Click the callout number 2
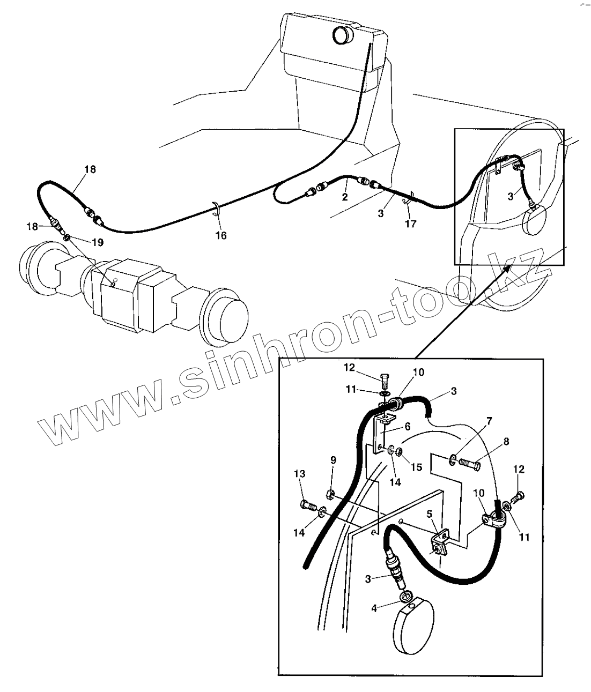point(345,197)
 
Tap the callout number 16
point(221,235)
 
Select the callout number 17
point(411,224)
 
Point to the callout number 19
point(97,242)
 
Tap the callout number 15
point(416,467)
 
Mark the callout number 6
point(408,426)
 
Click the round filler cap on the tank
point(341,35)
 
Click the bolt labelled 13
point(308,505)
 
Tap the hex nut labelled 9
point(331,493)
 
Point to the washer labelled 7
point(453,459)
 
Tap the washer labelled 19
point(67,237)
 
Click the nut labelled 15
point(400,452)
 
